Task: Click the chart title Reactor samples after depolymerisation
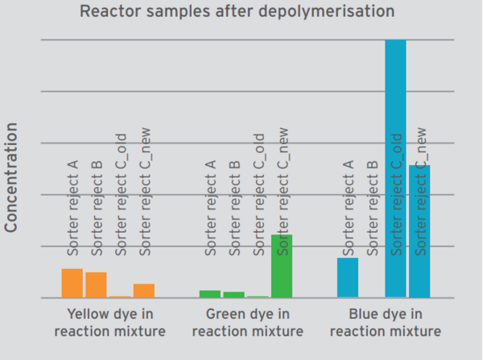pyautogui.click(x=237, y=11)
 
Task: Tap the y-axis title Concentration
pyautogui.click(x=12, y=177)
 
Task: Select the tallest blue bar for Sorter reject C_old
pyautogui.click(x=395, y=169)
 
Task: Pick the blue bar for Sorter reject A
pyautogui.click(x=348, y=278)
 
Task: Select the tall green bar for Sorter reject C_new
pyautogui.click(x=282, y=267)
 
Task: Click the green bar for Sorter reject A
pyautogui.click(x=210, y=294)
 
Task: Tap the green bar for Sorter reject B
pyautogui.click(x=233, y=295)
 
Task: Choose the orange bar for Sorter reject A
pyautogui.click(x=72, y=283)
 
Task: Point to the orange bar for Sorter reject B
pyautogui.click(x=96, y=285)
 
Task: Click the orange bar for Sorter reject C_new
pyautogui.click(x=144, y=291)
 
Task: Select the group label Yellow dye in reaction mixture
pyautogui.click(x=110, y=322)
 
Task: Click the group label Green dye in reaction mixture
pyautogui.click(x=248, y=322)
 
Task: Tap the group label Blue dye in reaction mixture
pyautogui.click(x=386, y=322)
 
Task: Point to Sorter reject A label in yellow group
pyautogui.click(x=72, y=208)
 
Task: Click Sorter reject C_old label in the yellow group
pyautogui.click(x=121, y=194)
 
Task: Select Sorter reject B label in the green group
pyautogui.click(x=235, y=208)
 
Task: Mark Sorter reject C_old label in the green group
pyautogui.click(x=258, y=194)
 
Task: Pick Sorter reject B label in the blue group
pyautogui.click(x=373, y=208)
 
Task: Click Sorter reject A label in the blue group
pyautogui.click(x=349, y=208)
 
